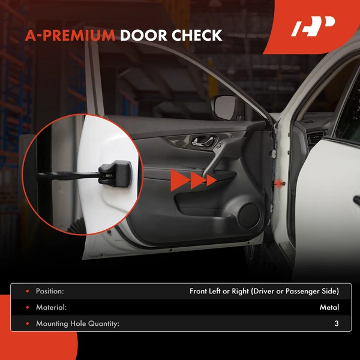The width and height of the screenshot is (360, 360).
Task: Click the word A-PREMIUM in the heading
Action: (70, 35)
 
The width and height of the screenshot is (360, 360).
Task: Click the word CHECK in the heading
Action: (197, 35)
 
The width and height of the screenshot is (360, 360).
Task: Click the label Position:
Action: (50, 292)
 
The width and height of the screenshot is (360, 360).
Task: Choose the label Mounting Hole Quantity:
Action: (77, 324)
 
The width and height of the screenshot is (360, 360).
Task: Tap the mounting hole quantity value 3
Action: (337, 324)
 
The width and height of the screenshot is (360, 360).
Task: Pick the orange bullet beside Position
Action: (26, 292)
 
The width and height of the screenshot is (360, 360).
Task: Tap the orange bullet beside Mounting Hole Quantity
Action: (26, 324)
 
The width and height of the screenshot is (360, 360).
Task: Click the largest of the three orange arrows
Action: (178, 179)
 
